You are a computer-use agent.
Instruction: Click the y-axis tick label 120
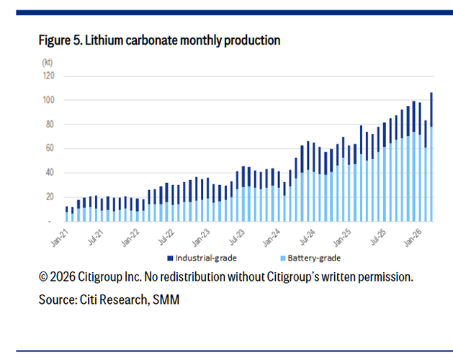coord(50,76)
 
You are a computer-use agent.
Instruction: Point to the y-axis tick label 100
coord(50,100)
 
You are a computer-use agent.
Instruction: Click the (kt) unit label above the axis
coord(48,63)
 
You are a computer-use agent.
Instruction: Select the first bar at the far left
coord(67,214)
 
